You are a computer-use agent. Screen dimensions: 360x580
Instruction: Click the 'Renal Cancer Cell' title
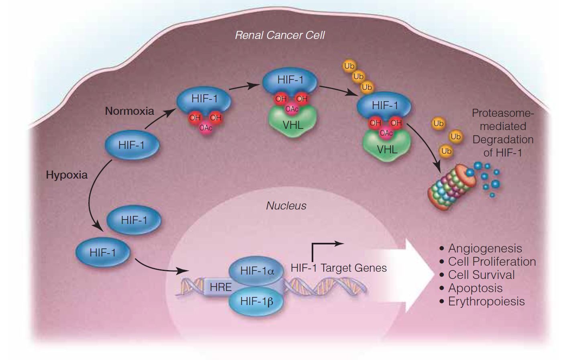click(280, 35)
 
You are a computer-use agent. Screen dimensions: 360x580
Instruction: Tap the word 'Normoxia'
click(129, 111)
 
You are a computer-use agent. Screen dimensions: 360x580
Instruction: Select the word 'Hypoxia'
click(67, 175)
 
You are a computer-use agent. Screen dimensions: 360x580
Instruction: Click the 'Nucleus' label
click(286, 206)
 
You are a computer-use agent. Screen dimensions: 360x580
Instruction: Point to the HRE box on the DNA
click(221, 287)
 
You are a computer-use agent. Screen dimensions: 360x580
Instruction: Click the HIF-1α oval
click(256, 271)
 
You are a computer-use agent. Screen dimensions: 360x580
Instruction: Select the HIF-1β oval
click(256, 301)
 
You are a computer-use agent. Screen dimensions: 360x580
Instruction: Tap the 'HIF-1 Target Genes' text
click(339, 268)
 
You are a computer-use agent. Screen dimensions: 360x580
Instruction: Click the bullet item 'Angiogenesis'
click(485, 248)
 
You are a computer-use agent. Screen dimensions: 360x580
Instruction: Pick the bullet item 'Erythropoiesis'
click(486, 301)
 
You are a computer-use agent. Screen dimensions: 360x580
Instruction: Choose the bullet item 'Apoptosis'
click(475, 288)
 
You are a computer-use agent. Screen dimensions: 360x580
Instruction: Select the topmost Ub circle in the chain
click(349, 66)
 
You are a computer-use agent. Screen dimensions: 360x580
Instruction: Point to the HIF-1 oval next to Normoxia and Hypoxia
click(132, 145)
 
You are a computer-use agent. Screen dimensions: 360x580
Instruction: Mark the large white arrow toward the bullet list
click(410, 276)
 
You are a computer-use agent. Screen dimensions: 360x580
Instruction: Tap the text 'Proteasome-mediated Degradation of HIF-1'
click(502, 133)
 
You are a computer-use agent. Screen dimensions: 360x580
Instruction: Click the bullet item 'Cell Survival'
click(481, 275)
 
